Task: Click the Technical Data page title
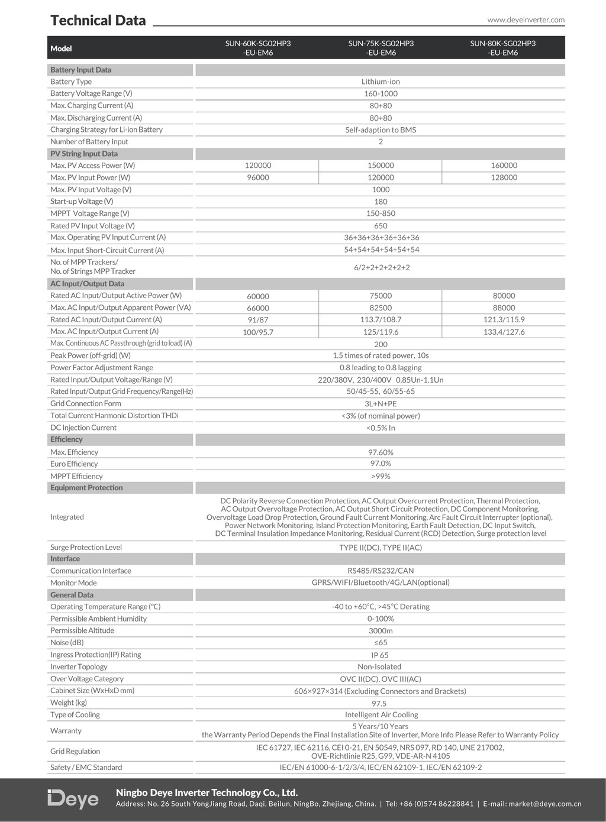tap(98, 20)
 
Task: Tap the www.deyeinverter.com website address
tap(526, 20)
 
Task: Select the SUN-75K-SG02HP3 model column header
tap(381, 48)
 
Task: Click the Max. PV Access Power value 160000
tap(504, 166)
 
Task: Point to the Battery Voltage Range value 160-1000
tap(381, 93)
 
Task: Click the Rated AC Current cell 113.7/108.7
tap(381, 319)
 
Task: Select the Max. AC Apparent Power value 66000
tap(257, 308)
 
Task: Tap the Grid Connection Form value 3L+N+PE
tap(381, 404)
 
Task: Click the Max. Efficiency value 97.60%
tap(381, 452)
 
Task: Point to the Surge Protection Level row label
tap(86, 548)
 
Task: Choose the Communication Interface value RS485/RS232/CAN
tap(381, 571)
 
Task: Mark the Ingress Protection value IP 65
tap(380, 655)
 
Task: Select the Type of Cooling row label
tap(75, 715)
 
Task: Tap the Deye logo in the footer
tap(73, 799)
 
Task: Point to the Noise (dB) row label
tap(67, 643)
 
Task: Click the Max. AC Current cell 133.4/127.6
tap(504, 332)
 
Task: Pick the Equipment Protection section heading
tap(86, 488)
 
